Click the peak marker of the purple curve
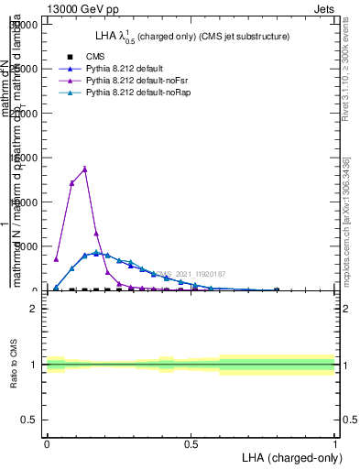pos(84,169)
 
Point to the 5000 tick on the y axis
pos(27,246)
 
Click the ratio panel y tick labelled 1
pos(33,365)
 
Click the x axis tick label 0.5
pos(191,443)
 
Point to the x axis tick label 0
pos(47,443)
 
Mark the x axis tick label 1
pos(335,443)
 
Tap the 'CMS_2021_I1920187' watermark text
pos(191,274)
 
